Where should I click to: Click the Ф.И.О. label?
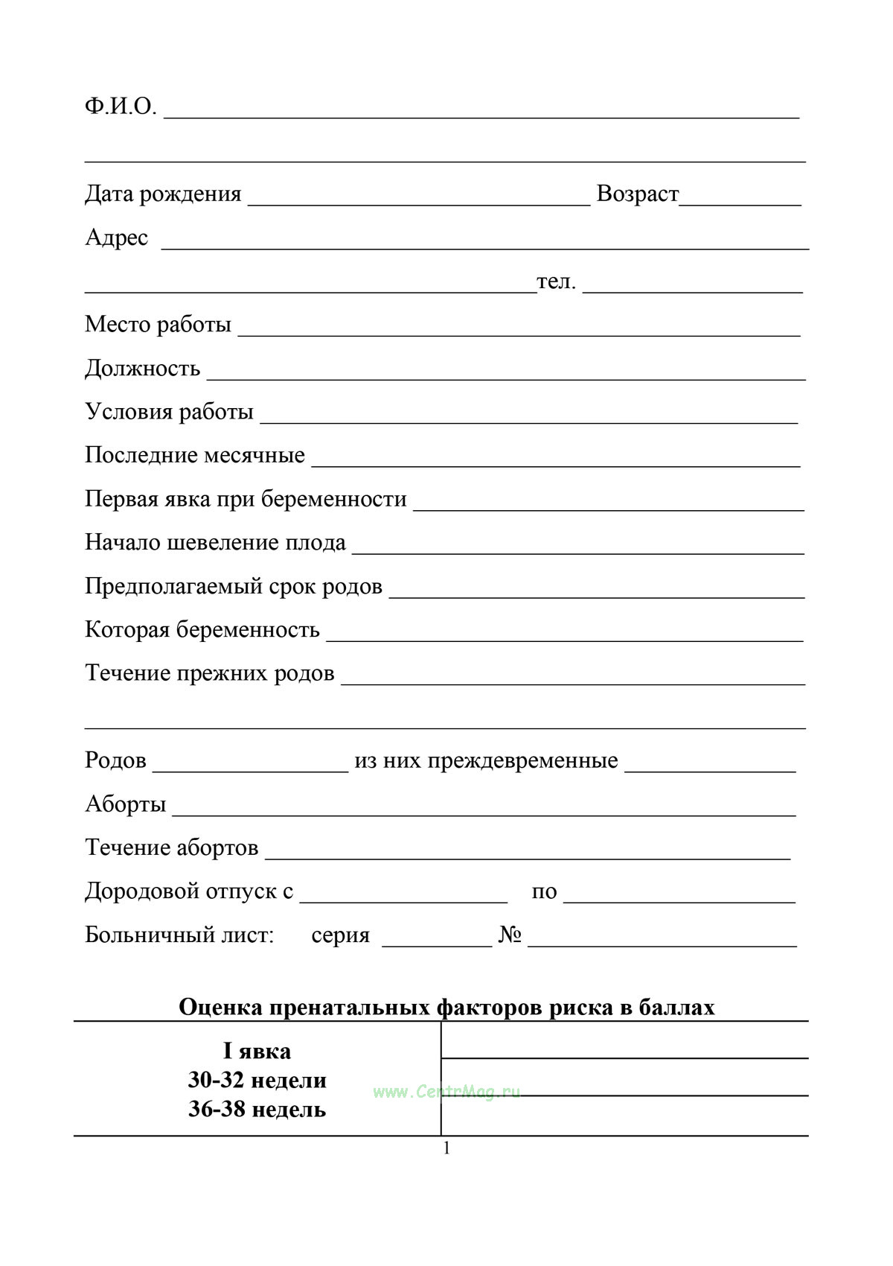click(x=121, y=107)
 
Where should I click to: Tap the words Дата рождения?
click(x=163, y=194)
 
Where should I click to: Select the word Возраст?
click(x=637, y=194)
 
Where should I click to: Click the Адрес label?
click(x=116, y=238)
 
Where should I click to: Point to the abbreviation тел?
click(x=556, y=281)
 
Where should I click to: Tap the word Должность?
click(x=142, y=369)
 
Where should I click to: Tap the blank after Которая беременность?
click(x=565, y=634)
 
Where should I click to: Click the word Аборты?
click(x=125, y=804)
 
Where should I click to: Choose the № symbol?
click(x=510, y=935)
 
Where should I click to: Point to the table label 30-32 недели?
click(x=257, y=1080)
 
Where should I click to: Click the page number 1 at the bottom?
click(x=446, y=1148)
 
